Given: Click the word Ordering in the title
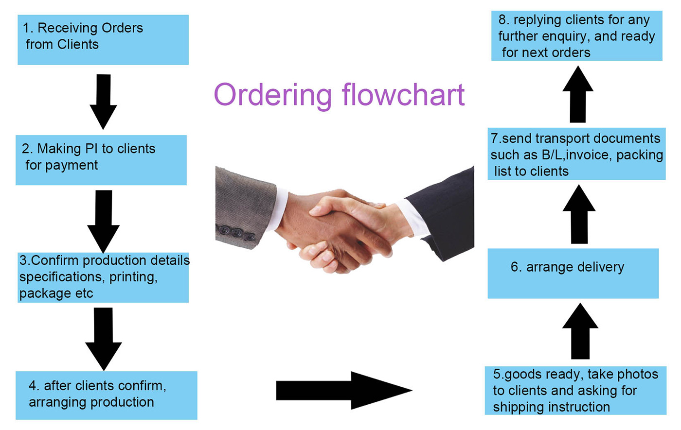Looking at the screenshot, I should [x=272, y=95].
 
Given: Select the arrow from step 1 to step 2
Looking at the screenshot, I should [x=103, y=101].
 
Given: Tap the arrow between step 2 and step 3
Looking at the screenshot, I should [x=103, y=220].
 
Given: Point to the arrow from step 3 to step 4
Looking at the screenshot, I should [x=103, y=338].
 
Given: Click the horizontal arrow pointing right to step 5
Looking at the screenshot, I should [x=343, y=390].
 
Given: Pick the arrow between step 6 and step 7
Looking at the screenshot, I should [x=579, y=214].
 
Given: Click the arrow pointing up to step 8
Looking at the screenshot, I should [x=578, y=94].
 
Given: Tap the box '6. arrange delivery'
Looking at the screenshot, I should [x=573, y=274].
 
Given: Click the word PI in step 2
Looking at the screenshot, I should [x=91, y=149].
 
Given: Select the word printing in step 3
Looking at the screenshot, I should [x=133, y=277].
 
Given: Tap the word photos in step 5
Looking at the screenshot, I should [x=635, y=374].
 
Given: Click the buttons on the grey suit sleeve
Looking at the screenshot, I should [x=237, y=233].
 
